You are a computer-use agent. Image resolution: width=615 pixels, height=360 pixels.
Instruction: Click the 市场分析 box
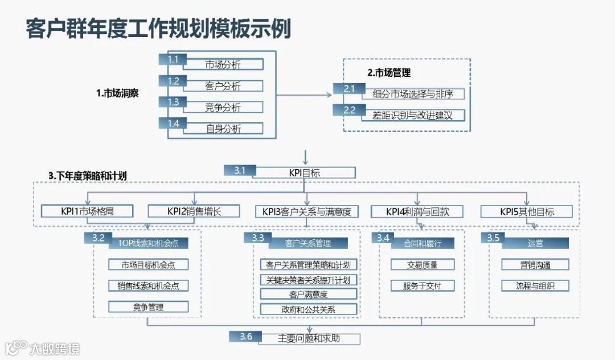(x=223, y=64)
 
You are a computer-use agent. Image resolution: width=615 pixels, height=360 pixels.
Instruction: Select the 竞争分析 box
(x=223, y=107)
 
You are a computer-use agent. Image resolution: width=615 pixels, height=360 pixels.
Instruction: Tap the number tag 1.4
(x=174, y=124)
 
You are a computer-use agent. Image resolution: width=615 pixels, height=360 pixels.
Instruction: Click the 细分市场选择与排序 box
(x=413, y=94)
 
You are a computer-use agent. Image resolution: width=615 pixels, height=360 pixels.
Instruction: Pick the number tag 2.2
(x=350, y=111)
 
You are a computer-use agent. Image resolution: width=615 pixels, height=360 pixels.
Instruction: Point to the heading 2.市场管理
(x=389, y=73)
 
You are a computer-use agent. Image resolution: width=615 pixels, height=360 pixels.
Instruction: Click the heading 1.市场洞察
(x=117, y=93)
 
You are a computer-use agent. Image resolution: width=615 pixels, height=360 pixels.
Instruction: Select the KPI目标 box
(x=306, y=173)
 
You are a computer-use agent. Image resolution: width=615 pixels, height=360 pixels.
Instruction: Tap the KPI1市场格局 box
(x=87, y=211)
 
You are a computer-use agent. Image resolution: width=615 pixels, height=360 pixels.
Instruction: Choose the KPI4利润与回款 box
(x=417, y=211)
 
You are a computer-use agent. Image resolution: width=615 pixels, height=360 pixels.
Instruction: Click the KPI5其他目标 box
(x=527, y=211)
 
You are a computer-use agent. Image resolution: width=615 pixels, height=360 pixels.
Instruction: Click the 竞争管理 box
(x=149, y=307)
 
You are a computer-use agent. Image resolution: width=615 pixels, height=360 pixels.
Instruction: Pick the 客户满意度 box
(x=308, y=294)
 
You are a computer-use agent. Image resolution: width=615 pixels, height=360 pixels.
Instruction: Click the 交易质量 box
(x=422, y=264)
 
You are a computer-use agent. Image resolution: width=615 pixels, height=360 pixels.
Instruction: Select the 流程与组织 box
(x=535, y=285)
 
